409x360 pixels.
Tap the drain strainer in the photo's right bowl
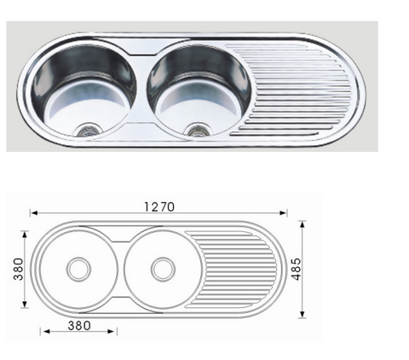[198, 131]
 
